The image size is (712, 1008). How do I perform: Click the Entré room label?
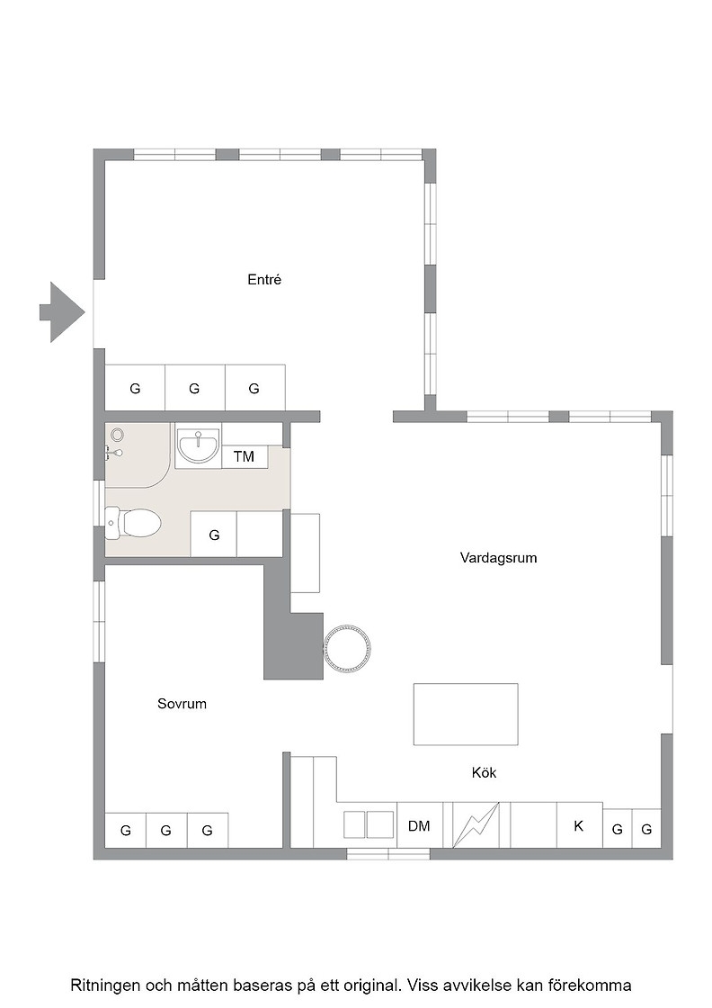pyautogui.click(x=264, y=280)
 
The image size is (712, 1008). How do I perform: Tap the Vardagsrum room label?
pyautogui.click(x=498, y=557)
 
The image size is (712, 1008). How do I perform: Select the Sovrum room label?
pyautogui.click(x=182, y=704)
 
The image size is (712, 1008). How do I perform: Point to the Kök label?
pyautogui.click(x=484, y=773)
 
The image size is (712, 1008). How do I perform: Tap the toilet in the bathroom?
pyautogui.click(x=133, y=523)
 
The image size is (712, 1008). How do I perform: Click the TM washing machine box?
pyautogui.click(x=244, y=456)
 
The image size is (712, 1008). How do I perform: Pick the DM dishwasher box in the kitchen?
pyautogui.click(x=419, y=825)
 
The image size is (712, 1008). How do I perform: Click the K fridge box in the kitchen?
pyautogui.click(x=579, y=825)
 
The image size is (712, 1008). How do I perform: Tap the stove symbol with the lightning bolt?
pyautogui.click(x=476, y=825)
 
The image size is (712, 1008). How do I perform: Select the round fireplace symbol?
pyautogui.click(x=347, y=647)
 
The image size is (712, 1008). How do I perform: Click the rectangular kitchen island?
pyautogui.click(x=466, y=715)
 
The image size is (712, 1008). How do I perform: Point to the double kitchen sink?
pyautogui.click(x=369, y=824)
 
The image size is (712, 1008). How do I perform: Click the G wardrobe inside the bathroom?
pyautogui.click(x=214, y=535)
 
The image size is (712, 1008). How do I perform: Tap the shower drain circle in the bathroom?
pyautogui.click(x=117, y=435)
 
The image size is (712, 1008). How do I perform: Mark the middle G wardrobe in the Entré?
pyautogui.click(x=194, y=388)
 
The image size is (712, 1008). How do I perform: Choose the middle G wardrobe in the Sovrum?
pyautogui.click(x=166, y=831)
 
